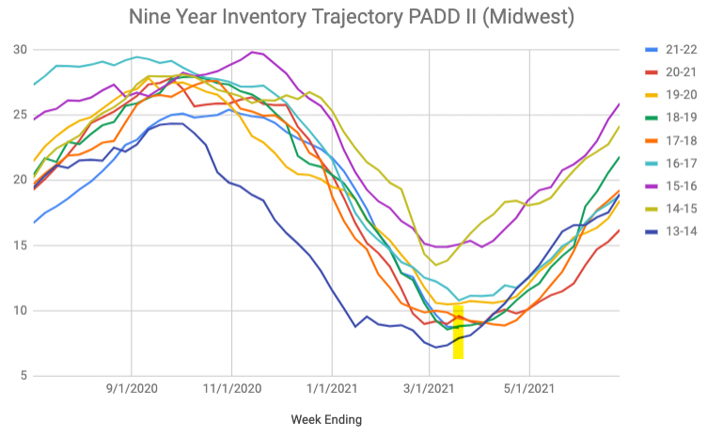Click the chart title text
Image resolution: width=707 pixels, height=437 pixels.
tap(352, 17)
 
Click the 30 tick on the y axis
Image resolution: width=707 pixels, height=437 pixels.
tap(19, 49)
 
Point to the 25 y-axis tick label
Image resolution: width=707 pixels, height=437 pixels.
tap(19, 115)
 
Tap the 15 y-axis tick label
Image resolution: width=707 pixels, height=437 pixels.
tap(19, 245)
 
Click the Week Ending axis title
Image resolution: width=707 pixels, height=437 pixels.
tap(326, 419)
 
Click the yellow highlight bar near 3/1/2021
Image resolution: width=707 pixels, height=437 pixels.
tap(458, 332)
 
